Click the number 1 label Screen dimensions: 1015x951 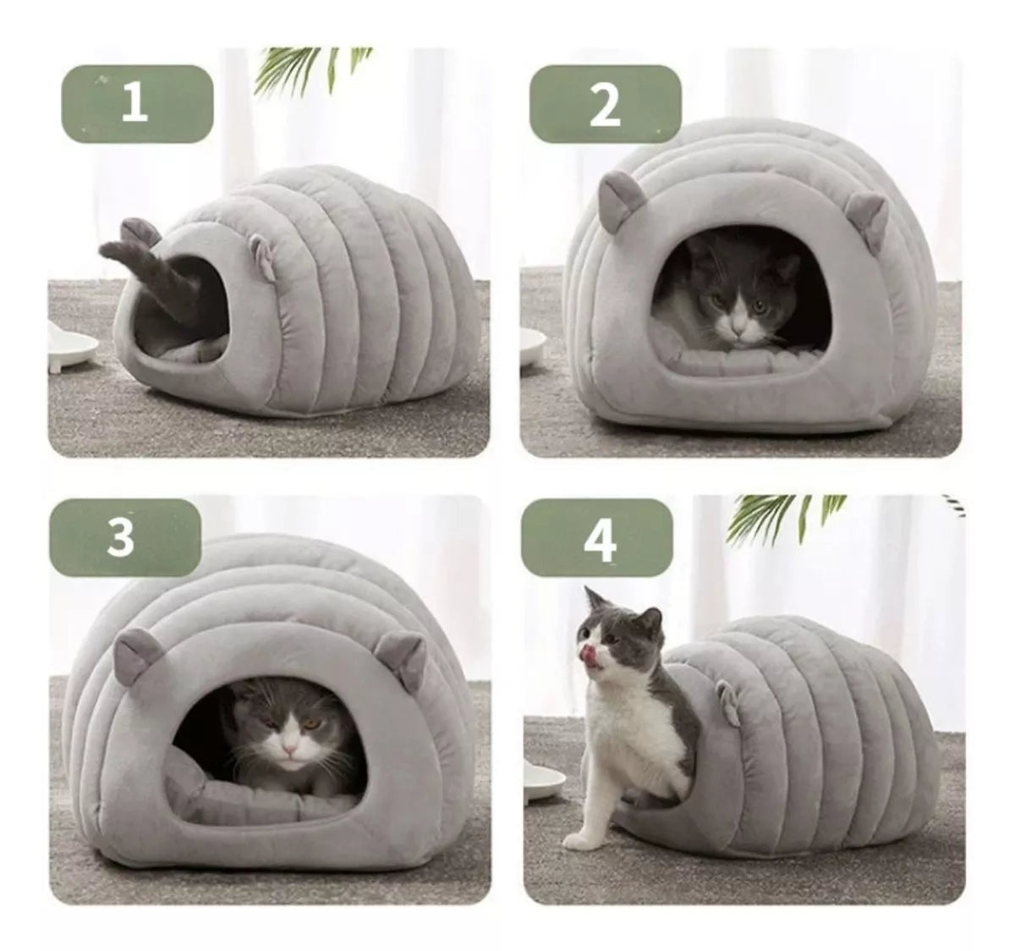click(x=137, y=104)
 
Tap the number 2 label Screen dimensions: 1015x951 click(x=605, y=104)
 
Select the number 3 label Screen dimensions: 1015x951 click(x=124, y=537)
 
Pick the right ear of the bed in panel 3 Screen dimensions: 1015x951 click(x=403, y=657)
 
